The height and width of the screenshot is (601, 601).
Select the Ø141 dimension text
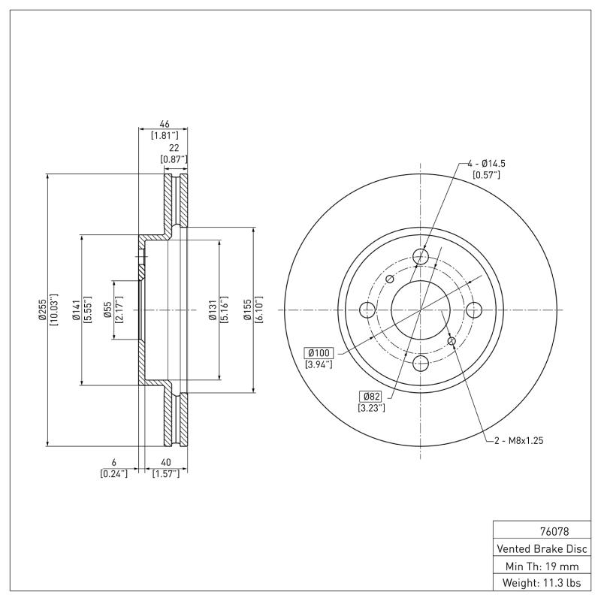76,309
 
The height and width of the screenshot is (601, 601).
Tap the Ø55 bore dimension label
107,309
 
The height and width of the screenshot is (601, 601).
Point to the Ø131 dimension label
213,309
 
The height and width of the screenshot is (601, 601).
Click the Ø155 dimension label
247,309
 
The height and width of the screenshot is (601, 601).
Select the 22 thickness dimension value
174,149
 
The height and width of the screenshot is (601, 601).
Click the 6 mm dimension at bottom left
113,462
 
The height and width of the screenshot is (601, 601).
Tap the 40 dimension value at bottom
165,462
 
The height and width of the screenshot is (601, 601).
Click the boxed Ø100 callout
319,352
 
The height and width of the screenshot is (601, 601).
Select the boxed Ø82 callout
371,396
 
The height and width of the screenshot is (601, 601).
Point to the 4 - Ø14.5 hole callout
485,163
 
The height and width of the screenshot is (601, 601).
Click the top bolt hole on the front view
421,257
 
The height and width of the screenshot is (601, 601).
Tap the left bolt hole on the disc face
367,310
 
